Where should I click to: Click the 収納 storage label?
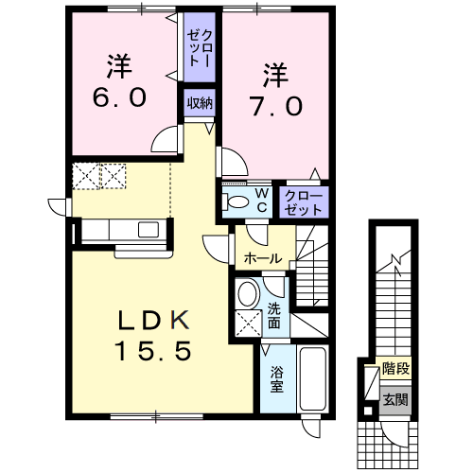click(198, 102)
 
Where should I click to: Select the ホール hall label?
click(262, 258)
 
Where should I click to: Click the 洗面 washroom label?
click(274, 315)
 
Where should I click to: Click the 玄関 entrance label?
click(395, 398)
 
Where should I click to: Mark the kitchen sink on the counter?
click(149, 229)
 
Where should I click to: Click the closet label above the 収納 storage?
click(198, 46)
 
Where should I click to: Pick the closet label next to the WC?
click(304, 201)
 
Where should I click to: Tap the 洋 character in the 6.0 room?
click(117, 65)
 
